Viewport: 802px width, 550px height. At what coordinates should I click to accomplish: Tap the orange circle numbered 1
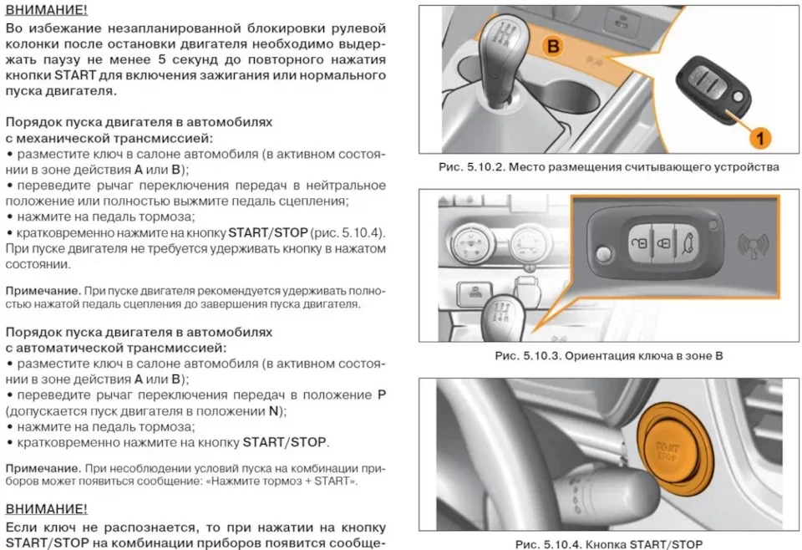coord(760,138)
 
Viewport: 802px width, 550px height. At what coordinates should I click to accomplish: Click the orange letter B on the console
coord(553,46)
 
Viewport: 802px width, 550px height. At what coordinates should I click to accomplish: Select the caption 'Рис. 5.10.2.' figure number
coord(470,167)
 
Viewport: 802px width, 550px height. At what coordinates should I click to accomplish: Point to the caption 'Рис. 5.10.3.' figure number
coord(527,355)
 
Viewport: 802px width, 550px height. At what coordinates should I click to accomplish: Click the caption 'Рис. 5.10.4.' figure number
coord(547,544)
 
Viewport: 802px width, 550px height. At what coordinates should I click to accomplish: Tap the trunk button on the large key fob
coord(688,242)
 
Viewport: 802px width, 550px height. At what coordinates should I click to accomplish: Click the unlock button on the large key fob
coord(641,243)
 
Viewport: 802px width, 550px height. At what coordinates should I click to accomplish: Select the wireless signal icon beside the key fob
coord(753,246)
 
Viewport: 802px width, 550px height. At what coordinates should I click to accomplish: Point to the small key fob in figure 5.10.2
coord(713,90)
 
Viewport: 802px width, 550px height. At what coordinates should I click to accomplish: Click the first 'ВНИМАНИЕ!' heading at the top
coord(47,10)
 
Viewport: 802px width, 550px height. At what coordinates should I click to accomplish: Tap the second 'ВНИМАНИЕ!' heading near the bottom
coord(47,509)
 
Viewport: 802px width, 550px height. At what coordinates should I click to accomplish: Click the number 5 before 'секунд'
coord(161,59)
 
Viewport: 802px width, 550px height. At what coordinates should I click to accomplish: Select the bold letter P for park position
coord(381,395)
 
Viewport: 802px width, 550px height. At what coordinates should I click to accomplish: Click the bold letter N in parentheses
coord(274,411)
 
